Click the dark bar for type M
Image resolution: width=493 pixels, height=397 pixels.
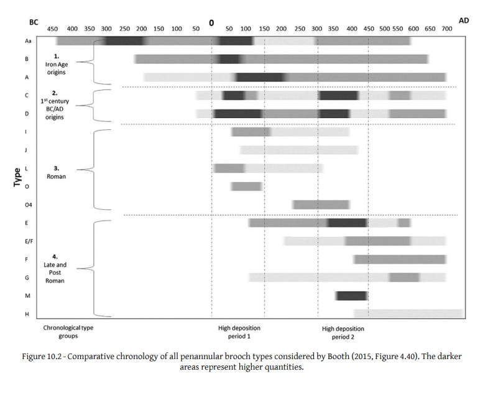tap(351, 296)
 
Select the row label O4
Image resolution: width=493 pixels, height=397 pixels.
tap(27, 204)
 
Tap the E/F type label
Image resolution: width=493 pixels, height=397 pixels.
tap(27, 240)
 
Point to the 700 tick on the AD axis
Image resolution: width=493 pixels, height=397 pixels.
tap(447, 29)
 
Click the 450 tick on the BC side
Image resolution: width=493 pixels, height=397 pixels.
tap(53, 29)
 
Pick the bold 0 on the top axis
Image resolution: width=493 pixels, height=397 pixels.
tap(211, 24)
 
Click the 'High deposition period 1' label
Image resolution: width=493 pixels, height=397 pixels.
tap(234, 332)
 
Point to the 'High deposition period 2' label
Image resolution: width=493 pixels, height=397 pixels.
tap(339, 332)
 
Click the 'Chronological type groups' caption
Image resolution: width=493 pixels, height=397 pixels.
tap(68, 332)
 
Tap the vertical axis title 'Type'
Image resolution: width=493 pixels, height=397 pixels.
tap(17, 177)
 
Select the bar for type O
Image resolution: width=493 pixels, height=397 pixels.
tap(246, 186)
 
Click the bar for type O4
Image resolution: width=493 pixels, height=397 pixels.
tap(321, 204)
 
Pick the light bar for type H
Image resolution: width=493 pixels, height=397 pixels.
tap(408, 314)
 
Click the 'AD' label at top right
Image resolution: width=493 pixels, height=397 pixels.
tap(463, 21)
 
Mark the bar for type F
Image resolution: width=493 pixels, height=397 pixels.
tap(400, 259)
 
